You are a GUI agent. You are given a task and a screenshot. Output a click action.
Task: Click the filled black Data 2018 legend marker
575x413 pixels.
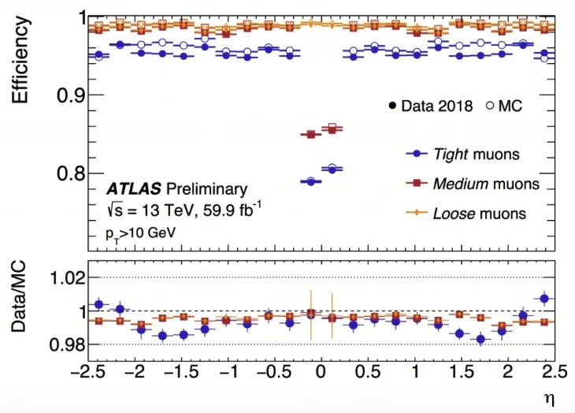coord(391,106)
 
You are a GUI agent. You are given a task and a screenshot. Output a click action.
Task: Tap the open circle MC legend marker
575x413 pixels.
coord(490,106)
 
